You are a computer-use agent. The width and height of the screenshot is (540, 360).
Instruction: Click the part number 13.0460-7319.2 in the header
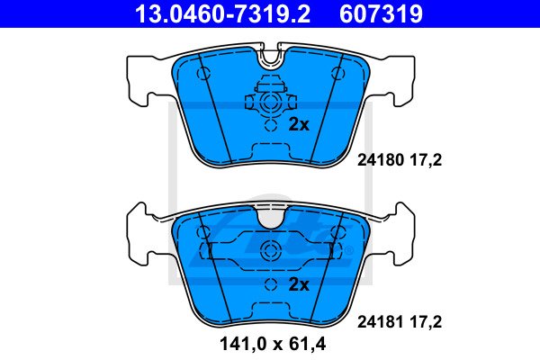(x=223, y=14)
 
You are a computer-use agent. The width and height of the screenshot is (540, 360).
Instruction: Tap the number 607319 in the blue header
(x=381, y=14)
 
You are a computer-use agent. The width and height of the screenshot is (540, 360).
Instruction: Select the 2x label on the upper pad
(x=299, y=124)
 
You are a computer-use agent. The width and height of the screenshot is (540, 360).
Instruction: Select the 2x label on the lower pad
(x=299, y=284)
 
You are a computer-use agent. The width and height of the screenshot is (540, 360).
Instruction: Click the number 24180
(x=380, y=160)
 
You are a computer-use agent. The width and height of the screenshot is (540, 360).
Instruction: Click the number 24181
(x=380, y=322)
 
